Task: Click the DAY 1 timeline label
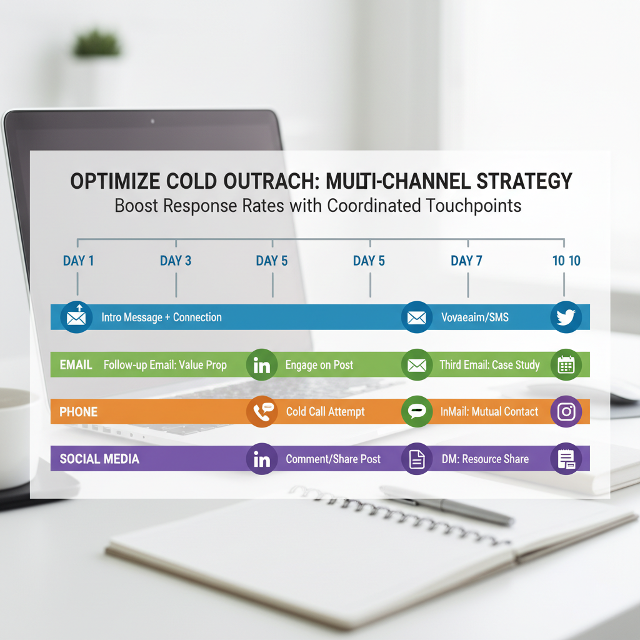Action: point(78,261)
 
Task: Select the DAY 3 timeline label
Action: point(176,261)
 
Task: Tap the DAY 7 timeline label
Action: point(466,261)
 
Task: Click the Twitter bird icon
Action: point(566,317)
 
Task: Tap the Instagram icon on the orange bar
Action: point(566,411)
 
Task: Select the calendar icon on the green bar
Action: point(566,364)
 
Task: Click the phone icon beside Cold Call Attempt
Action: point(262,411)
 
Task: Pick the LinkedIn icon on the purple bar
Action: point(262,459)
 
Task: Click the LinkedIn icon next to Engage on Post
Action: point(262,364)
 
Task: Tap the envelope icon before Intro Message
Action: point(76,317)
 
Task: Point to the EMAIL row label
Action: point(76,364)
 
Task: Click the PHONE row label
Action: point(78,412)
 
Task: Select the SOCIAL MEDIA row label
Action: point(99,459)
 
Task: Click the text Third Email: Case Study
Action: point(489,365)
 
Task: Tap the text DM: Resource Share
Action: point(484,459)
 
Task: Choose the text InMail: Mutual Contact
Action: point(489,412)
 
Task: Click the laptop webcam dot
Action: point(152,120)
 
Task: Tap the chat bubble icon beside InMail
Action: point(416,411)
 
